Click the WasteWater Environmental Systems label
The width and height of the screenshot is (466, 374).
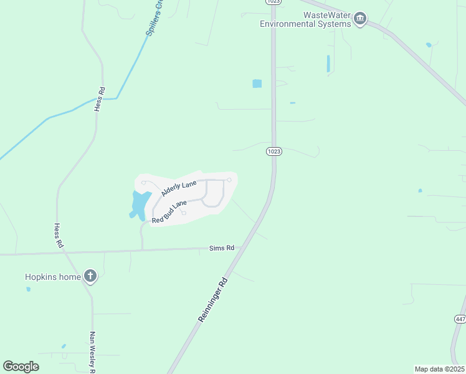[305, 19]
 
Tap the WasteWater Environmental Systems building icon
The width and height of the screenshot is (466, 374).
[359, 20]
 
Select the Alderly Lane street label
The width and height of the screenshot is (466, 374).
[178, 188]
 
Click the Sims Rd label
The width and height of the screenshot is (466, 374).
[221, 248]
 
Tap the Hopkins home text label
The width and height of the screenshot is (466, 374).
[52, 277]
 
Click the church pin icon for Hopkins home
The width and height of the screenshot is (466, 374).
[90, 276]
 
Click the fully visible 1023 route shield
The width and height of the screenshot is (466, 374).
[273, 151]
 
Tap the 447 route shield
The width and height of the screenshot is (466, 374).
[460, 319]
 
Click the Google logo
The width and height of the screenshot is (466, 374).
[21, 367]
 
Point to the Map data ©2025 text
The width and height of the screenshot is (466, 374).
[439, 368]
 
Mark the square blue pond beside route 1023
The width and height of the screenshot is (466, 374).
[257, 84]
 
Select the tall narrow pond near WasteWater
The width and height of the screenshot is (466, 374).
[328, 64]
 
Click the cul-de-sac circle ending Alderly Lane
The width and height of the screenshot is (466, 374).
[229, 180]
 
